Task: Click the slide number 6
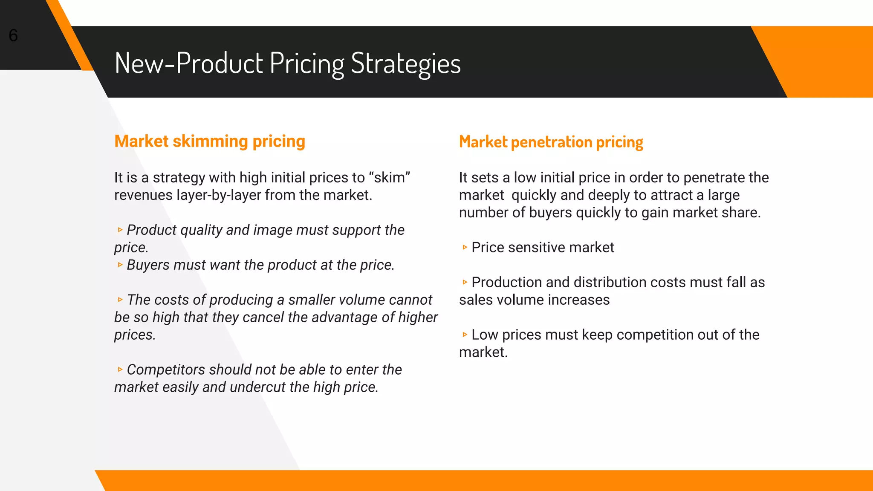tap(13, 35)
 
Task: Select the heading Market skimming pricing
tap(210, 141)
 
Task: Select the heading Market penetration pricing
tap(551, 142)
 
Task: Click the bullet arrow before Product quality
tap(120, 230)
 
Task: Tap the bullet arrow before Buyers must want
tap(120, 265)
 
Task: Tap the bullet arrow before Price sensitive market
tap(465, 248)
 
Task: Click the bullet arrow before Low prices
tap(465, 335)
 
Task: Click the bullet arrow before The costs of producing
tap(120, 300)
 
